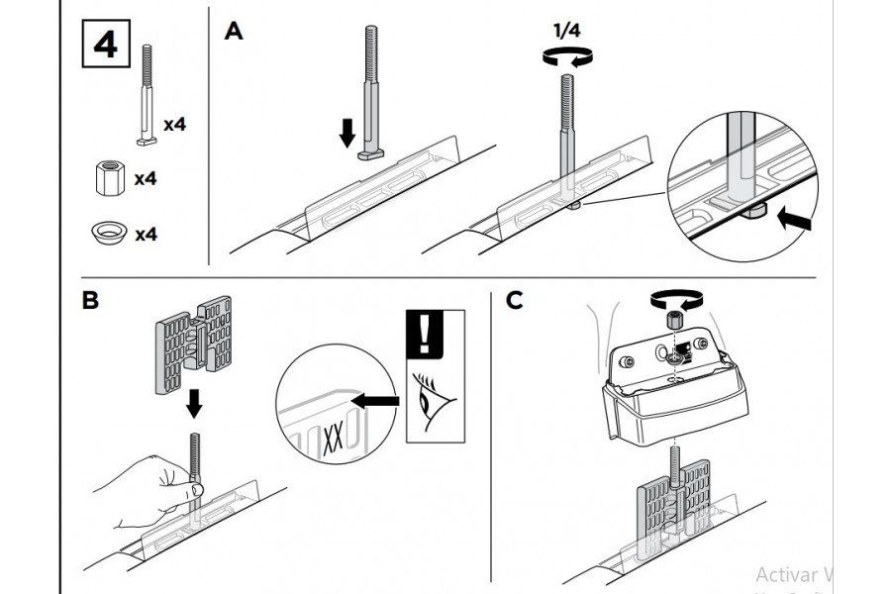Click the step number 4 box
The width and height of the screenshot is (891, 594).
click(x=104, y=47)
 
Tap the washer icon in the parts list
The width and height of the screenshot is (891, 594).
click(x=108, y=234)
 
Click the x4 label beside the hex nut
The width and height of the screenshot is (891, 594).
click(x=147, y=179)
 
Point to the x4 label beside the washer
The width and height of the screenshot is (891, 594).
click(x=147, y=235)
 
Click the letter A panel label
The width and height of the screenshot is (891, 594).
click(x=234, y=33)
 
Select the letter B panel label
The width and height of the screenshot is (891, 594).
click(x=90, y=300)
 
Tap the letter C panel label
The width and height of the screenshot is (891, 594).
click(x=514, y=300)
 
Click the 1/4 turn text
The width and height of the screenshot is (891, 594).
click(x=568, y=31)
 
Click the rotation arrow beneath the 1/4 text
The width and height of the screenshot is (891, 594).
click(x=568, y=57)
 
